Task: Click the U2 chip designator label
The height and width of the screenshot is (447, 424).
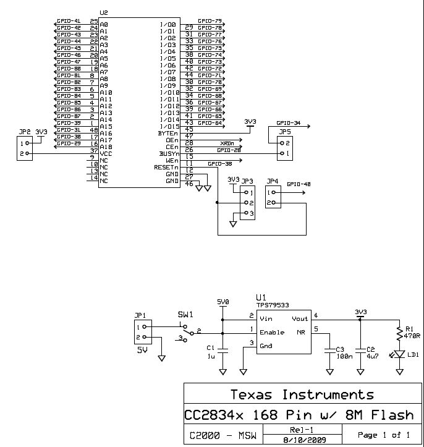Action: point(103,12)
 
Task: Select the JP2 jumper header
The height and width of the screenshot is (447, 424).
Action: point(23,148)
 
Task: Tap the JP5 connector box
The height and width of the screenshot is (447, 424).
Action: point(284,147)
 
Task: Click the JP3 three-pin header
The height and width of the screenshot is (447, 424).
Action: point(247,202)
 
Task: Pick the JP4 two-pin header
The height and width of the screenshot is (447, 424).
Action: point(272,196)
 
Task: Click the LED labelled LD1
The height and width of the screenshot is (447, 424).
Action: point(401,355)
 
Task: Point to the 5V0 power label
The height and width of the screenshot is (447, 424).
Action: point(223,302)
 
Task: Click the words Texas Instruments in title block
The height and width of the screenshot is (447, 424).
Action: point(302,394)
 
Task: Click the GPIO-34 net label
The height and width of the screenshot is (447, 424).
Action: point(289,122)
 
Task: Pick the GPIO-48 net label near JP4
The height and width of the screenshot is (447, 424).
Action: point(299,184)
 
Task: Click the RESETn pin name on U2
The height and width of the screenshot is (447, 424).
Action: point(166,167)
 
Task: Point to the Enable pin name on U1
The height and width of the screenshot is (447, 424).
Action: point(272,332)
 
